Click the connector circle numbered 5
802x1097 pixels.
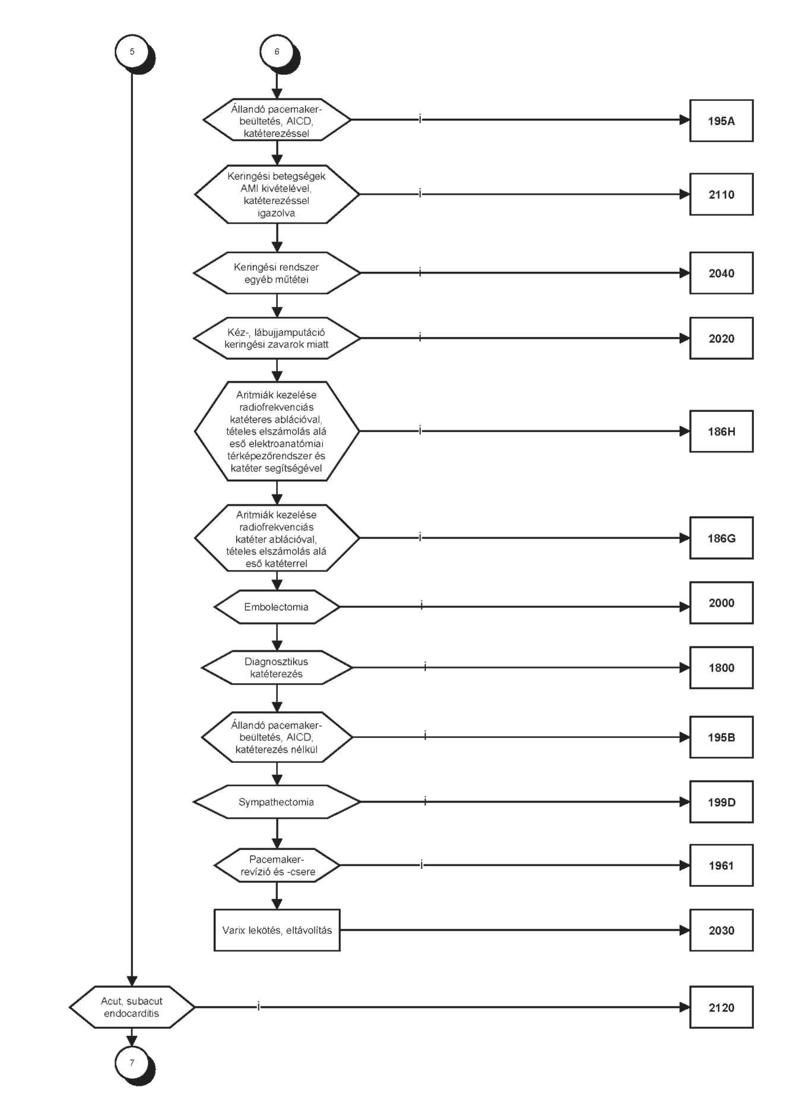(x=132, y=52)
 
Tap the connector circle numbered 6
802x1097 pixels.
(x=277, y=52)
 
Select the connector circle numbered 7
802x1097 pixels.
(x=132, y=1063)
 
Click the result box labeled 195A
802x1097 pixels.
(x=721, y=121)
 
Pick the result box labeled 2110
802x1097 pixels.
(x=721, y=194)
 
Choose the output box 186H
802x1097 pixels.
(x=721, y=431)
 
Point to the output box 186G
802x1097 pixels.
(x=721, y=538)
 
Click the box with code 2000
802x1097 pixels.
(x=721, y=603)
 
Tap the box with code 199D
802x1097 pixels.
(x=721, y=802)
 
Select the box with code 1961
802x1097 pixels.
(x=721, y=865)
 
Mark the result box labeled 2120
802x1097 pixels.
(x=721, y=1007)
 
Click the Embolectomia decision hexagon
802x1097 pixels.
(x=277, y=607)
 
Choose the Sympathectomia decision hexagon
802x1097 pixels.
(x=277, y=802)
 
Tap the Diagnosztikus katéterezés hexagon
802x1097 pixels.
(x=277, y=668)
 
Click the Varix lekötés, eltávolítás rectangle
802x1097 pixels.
(x=277, y=930)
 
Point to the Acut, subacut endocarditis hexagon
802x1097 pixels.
(x=132, y=1007)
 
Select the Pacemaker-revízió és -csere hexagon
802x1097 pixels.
(x=277, y=865)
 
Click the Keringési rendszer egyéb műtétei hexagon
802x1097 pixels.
(x=277, y=273)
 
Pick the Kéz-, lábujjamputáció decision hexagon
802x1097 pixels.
(x=277, y=338)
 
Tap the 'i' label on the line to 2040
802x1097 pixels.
(x=420, y=272)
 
